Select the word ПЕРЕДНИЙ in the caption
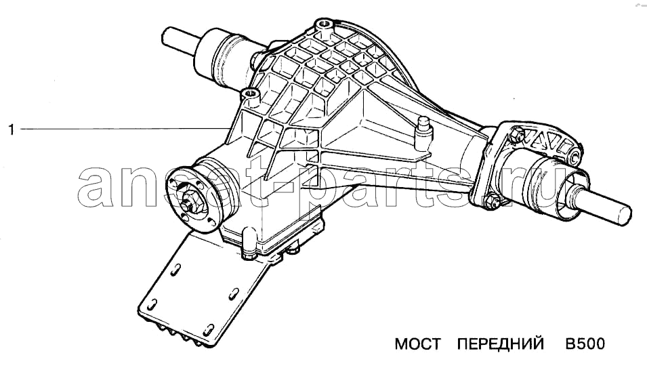(x=501, y=344)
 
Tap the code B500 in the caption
(x=584, y=344)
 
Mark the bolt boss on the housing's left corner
(x=252, y=96)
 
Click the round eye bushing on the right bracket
(x=573, y=158)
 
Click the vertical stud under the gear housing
(x=293, y=253)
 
